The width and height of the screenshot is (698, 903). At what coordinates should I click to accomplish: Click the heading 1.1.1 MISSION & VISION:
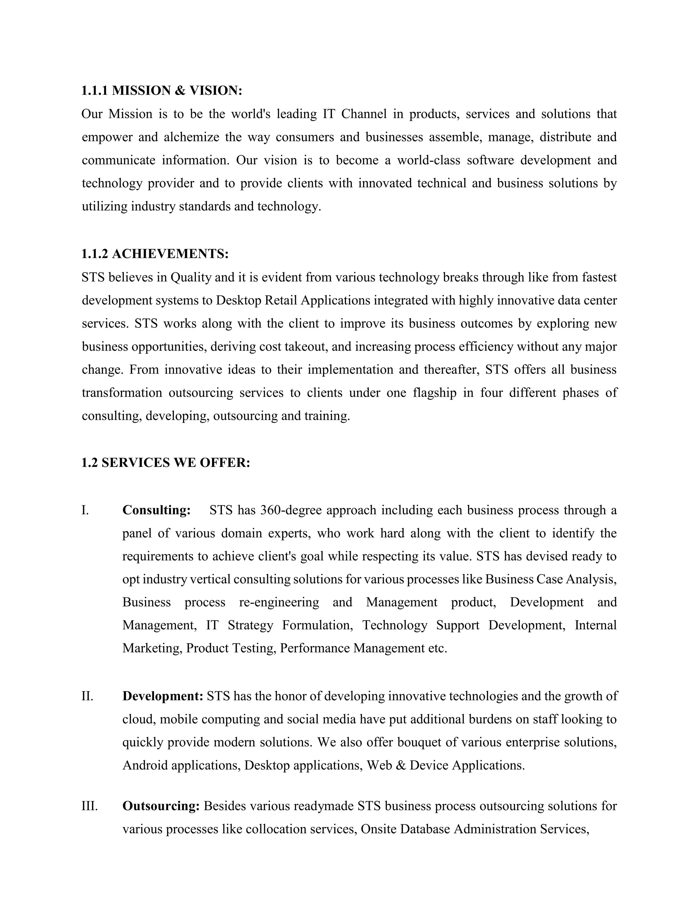click(x=162, y=91)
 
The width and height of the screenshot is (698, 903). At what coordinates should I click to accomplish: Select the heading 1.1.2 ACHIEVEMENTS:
click(x=155, y=254)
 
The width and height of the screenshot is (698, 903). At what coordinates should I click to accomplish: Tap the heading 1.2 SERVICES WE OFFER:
click(x=166, y=463)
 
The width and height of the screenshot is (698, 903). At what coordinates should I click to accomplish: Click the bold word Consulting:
click(x=156, y=510)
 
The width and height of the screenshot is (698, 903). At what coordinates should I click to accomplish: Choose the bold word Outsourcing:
click(x=161, y=806)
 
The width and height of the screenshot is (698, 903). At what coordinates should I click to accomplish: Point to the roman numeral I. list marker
click(x=85, y=510)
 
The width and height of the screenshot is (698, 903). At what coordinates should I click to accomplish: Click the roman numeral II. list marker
click(x=87, y=696)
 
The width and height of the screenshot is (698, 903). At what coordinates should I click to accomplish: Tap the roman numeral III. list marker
click(x=90, y=806)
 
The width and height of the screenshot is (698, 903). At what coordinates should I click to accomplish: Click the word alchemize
click(x=192, y=137)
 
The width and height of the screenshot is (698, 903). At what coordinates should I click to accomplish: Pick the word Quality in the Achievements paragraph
click(x=191, y=277)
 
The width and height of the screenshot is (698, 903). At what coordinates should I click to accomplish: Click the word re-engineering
click(x=279, y=602)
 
